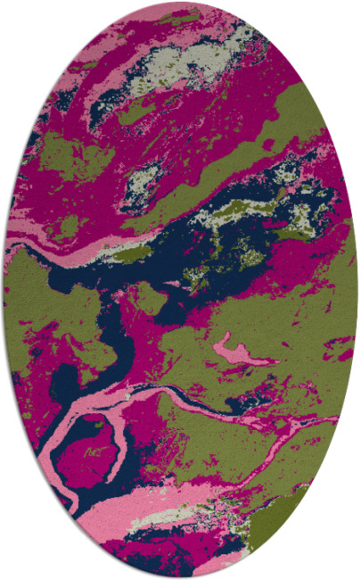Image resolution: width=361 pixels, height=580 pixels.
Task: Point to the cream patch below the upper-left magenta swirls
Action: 141,183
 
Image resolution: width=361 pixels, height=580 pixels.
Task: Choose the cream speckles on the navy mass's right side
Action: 294,214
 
